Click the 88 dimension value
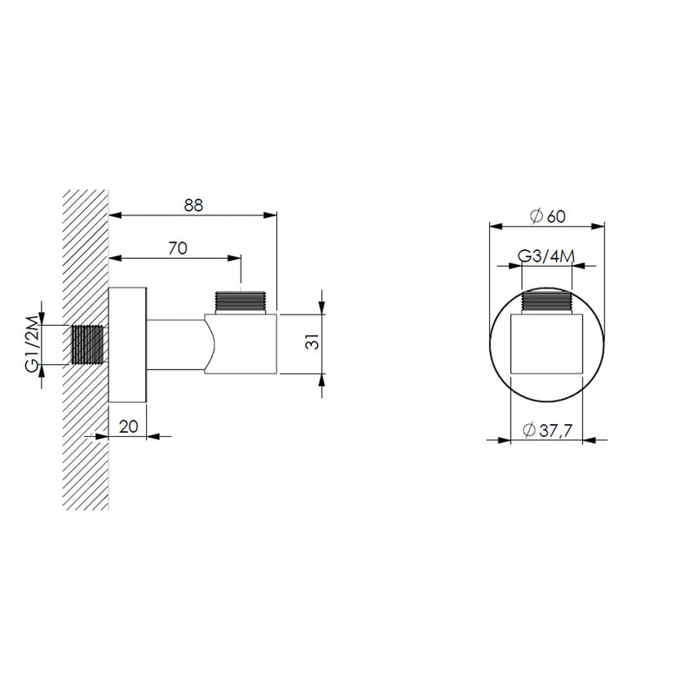(193, 205)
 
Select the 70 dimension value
(178, 248)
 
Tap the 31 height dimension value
(313, 341)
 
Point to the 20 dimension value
(129, 427)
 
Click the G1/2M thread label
(32, 345)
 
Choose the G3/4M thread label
(546, 256)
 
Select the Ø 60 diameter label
(548, 216)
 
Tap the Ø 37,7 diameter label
(547, 430)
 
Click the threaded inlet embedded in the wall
(88, 345)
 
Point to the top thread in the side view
(241, 302)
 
